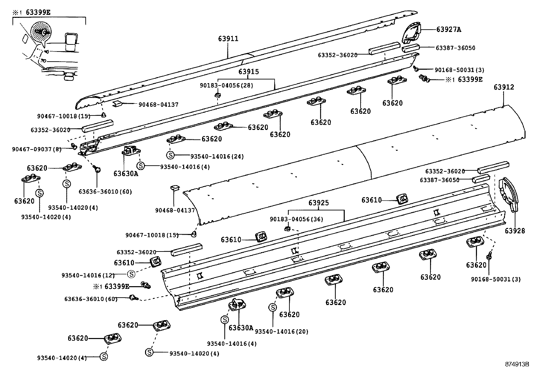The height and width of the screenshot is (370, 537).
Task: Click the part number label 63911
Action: point(228,39)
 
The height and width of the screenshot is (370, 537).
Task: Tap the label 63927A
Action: point(448,29)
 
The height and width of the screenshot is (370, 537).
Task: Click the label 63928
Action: point(515,231)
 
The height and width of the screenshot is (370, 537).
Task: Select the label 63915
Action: point(249,72)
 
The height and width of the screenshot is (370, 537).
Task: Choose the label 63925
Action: point(318,203)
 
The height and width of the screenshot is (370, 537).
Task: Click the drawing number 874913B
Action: point(517,364)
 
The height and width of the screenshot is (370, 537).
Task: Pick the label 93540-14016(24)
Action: point(217,156)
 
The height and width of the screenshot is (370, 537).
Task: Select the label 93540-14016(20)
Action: point(282,331)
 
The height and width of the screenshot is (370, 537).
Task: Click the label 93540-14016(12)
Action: point(88,275)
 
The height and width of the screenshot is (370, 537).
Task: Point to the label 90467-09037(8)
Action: point(36,149)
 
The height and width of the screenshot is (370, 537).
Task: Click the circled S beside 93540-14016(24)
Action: point(171,155)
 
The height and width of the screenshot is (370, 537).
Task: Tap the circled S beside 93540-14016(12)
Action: point(132,274)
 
